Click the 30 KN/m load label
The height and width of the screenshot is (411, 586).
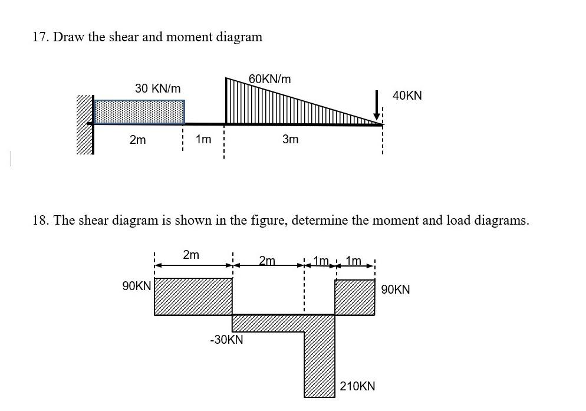(x=157, y=88)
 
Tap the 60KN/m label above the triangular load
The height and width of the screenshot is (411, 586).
(x=269, y=79)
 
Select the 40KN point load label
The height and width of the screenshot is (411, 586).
(x=407, y=95)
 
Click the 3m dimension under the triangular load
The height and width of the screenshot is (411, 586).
(x=290, y=140)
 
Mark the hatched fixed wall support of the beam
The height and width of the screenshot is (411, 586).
(x=85, y=124)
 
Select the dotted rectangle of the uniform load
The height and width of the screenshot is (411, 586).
(x=139, y=112)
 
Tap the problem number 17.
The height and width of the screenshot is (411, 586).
(x=39, y=37)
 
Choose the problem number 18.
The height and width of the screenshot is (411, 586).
(x=39, y=221)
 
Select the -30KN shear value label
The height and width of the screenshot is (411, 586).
(x=226, y=340)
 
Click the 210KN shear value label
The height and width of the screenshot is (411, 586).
(x=357, y=387)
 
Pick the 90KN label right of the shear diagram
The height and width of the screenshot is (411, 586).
(x=396, y=290)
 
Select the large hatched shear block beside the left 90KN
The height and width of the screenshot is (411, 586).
(x=193, y=297)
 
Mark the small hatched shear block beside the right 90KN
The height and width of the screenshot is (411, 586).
(x=355, y=297)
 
